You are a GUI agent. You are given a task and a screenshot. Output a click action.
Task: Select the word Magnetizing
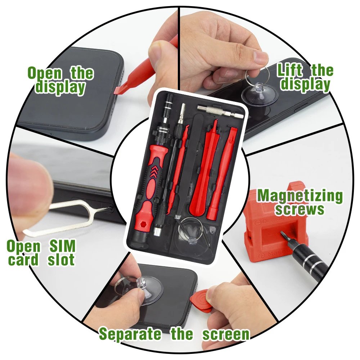[300, 196]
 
